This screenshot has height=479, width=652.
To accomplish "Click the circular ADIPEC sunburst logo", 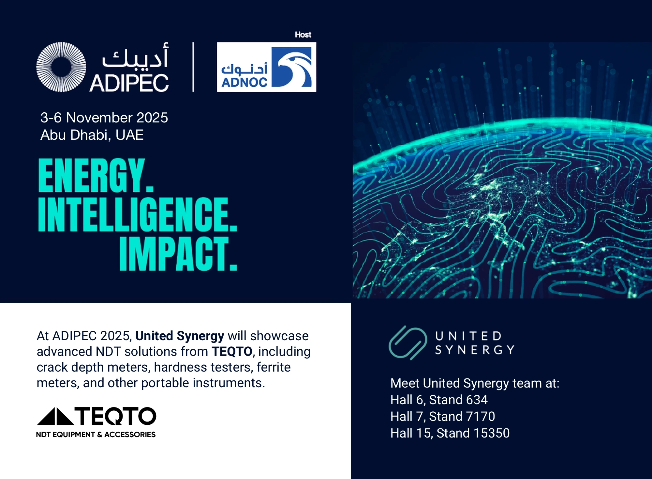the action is pos(61,67).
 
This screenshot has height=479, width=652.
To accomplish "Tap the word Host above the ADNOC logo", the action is pos(303,35).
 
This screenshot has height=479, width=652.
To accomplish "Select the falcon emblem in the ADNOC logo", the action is pos(291,67).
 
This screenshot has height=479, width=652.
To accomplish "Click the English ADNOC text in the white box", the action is pos(244,82).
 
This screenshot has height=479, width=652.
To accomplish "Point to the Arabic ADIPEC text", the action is pos(135,56).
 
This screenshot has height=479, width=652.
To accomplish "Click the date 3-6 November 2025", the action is pos(104,118).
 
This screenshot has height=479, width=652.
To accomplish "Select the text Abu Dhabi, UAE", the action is pos(92,135).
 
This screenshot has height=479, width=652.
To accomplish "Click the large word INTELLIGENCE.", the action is pos(138,214).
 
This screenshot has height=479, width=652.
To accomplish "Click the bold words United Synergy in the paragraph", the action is pos(180,336).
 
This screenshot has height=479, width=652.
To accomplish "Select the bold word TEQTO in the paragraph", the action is pos(232,352).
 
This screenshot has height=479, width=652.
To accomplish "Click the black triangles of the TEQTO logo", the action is pos(55,416).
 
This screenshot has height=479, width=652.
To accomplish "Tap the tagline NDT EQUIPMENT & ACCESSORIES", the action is pos(96,435).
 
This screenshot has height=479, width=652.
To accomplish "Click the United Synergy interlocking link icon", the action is pos(408,343).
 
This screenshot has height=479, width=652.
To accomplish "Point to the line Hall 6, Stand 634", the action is pos(439,400).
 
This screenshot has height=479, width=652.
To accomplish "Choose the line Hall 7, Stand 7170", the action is pos(443,416).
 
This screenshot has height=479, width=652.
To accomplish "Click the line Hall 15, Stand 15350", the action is pos(450,433).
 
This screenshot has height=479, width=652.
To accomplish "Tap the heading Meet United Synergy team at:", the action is pos(475,383).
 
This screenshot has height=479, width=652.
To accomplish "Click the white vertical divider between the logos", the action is pos(193,67).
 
